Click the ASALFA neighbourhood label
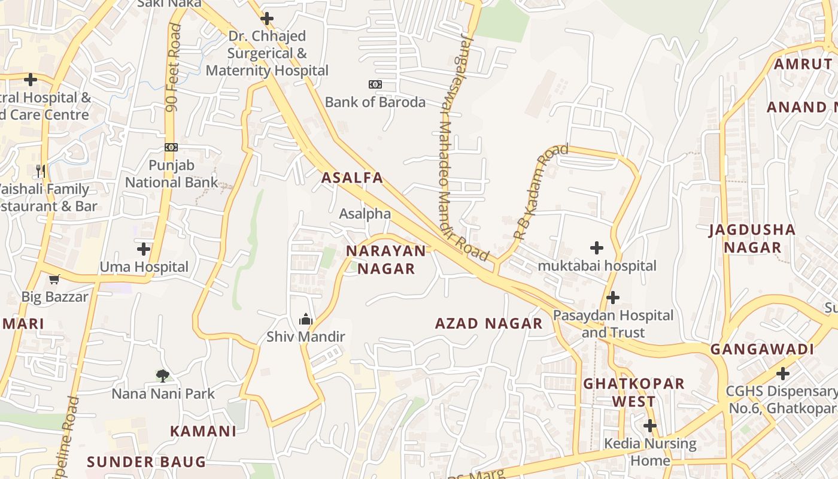click(352, 178)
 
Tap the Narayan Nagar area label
click(386, 260)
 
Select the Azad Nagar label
click(488, 324)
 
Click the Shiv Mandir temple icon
click(306, 319)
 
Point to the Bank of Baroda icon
click(375, 84)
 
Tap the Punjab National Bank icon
click(171, 147)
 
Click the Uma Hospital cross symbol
click(144, 249)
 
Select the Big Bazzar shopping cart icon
click(54, 279)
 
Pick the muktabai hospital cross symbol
click(597, 248)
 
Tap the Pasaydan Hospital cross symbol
click(613, 298)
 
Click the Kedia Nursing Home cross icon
click(650, 426)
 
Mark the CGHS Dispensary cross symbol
click(783, 374)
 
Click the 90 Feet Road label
click(174, 67)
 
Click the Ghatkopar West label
click(634, 392)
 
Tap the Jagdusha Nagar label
click(752, 238)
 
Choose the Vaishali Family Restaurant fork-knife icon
click(41, 171)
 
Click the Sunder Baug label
click(146, 462)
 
